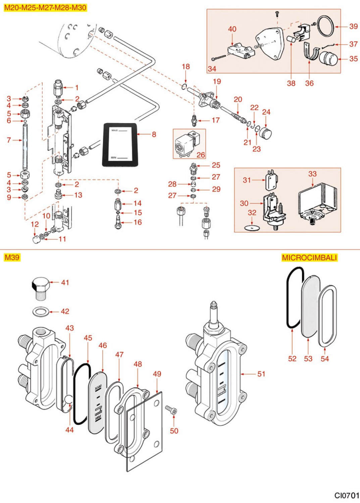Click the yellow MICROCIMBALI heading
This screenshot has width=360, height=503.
tap(309, 258)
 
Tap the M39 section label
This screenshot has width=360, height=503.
tap(12, 257)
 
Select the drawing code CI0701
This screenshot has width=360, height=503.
tap(346, 495)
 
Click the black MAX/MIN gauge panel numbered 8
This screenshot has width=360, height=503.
tap(120, 145)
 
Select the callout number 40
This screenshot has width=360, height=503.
tap(232, 29)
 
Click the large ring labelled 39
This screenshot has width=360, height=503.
tap(326, 26)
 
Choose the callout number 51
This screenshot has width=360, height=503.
tap(261, 374)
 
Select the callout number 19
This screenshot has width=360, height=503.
tap(217, 81)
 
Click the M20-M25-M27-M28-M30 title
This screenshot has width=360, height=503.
tap(45, 7)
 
